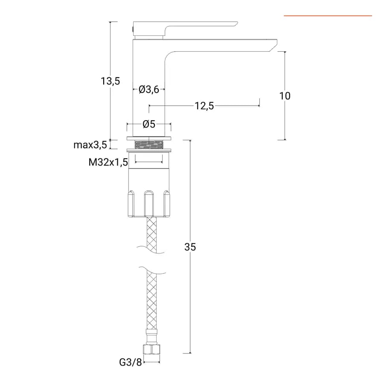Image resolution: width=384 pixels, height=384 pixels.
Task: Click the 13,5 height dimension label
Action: coord(111,81)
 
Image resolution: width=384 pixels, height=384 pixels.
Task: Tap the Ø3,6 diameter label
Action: coord(149,90)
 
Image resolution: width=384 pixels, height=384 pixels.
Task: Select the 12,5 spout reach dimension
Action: coord(204,106)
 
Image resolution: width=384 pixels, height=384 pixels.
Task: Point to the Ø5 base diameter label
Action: coord(149,124)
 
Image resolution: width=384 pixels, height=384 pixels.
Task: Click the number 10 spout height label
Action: coord(285,96)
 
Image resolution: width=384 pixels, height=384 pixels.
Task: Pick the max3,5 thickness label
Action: coord(90,145)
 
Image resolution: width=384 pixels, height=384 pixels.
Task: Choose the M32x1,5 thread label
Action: coord(108,162)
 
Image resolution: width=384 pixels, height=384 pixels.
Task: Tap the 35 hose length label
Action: coord(190,247)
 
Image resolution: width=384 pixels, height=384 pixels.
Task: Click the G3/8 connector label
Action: coord(131,362)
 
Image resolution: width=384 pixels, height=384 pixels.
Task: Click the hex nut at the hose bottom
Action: coord(151,349)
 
